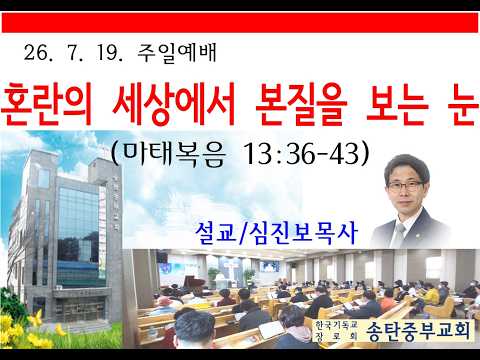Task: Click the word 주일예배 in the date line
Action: pos(177,53)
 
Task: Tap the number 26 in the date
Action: pos(35,53)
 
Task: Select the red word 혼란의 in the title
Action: pos(46,104)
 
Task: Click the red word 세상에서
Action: pos(173,104)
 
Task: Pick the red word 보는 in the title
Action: pos(397,104)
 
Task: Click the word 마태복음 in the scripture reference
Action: pos(173,154)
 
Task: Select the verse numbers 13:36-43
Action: pos(302,154)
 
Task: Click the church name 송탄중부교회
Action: pos(419,331)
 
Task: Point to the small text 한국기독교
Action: pos(336,324)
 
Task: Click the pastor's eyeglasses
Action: pos(405,186)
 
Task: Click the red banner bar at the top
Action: pos(240,23)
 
